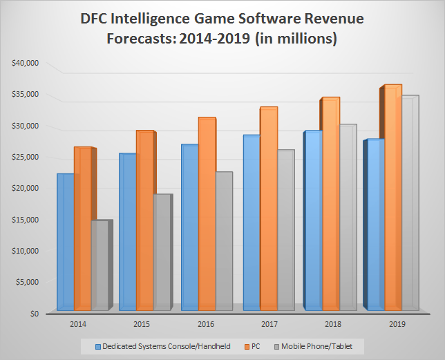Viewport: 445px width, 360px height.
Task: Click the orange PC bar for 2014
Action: pyautogui.click(x=82, y=228)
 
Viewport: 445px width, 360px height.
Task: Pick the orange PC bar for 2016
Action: pyautogui.click(x=206, y=214)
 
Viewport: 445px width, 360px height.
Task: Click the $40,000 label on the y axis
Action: pyautogui.click(x=26, y=63)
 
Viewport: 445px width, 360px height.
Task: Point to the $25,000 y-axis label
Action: pyautogui.click(x=26, y=157)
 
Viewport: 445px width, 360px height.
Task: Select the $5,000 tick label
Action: pyautogui.click(x=28, y=282)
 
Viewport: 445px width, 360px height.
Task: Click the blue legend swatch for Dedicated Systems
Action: pyautogui.click(x=98, y=345)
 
